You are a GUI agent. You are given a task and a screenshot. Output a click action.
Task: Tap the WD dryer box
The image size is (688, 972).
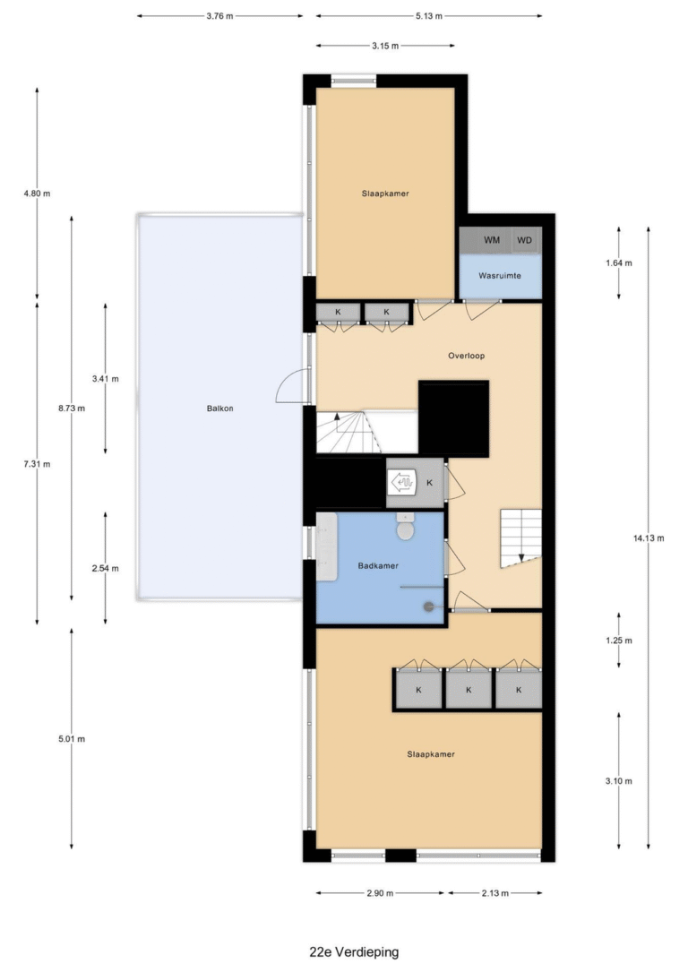[526, 240]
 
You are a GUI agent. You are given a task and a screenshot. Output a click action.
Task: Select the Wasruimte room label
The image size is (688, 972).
[500, 275]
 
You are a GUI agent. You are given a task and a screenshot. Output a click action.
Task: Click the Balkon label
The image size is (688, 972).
[220, 408]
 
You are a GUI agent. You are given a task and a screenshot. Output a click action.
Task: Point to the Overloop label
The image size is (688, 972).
[466, 356]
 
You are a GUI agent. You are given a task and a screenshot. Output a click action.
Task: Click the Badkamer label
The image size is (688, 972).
[378, 565]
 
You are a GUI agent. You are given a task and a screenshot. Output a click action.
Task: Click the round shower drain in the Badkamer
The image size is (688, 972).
[428, 606]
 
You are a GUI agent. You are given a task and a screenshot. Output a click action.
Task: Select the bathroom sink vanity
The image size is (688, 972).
[327, 546]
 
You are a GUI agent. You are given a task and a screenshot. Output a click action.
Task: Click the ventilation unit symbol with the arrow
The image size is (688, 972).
[401, 482]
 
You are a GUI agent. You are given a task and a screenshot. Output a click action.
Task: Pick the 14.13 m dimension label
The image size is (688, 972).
[649, 538]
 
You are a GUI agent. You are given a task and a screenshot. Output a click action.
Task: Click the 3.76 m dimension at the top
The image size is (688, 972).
[220, 16]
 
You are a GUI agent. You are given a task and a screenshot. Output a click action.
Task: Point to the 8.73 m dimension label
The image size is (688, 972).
[72, 408]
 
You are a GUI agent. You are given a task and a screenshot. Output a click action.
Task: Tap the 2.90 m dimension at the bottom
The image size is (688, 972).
[380, 893]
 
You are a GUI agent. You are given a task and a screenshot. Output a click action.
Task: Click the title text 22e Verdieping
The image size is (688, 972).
[354, 951]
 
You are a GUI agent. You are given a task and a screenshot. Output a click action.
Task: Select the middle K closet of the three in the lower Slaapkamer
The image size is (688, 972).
[469, 689]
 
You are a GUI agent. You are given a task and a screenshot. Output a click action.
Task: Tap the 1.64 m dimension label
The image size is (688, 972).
[619, 262]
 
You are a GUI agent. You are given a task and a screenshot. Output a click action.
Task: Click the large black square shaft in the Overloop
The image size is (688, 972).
[453, 419]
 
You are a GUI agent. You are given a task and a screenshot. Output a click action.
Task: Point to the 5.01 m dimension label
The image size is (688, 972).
[72, 739]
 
